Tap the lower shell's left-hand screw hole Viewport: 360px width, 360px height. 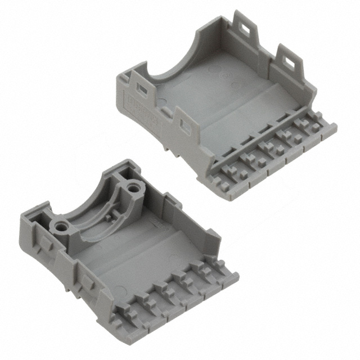click(x=61, y=227)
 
